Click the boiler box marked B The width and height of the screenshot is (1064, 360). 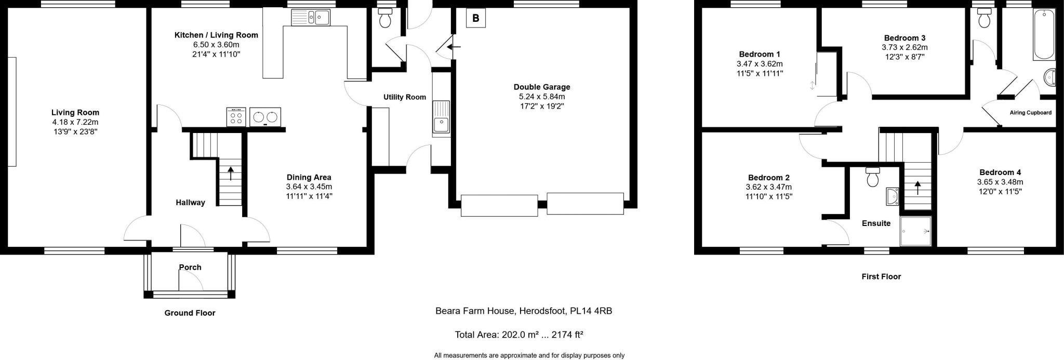coord(475,19)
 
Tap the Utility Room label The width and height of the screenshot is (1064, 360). coord(405,97)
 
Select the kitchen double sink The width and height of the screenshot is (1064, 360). coord(311,18)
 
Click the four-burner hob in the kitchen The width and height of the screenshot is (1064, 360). coord(236,116)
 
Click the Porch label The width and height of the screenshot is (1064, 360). coord(190,267)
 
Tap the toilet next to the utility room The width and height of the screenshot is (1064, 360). coord(385,19)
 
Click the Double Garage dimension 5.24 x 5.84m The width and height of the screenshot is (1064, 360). coord(542,97)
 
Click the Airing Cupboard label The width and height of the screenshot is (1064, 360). coord(1030,113)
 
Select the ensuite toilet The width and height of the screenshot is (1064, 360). coord(872,178)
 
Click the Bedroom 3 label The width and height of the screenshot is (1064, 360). coord(905,38)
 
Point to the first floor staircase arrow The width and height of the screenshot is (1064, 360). coord(917,188)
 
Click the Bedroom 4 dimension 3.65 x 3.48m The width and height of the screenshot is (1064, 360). coord(1000,182)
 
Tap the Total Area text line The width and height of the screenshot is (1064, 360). coord(518,335)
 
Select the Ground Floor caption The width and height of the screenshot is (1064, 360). coord(190,313)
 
